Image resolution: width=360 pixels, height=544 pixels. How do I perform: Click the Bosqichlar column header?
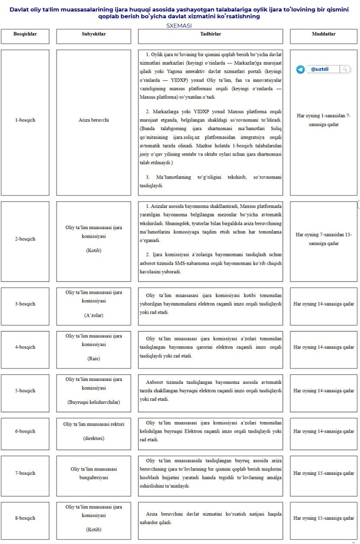tap(25, 34)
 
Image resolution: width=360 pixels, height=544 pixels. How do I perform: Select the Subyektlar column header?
tap(93, 34)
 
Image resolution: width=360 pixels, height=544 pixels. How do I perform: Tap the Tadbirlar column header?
tap(210, 34)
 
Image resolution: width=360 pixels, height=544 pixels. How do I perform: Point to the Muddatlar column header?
tap(323, 34)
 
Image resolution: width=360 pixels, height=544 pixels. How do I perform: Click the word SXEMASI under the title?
tap(179, 26)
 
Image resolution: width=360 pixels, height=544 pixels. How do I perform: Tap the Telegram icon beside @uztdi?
tap(300, 69)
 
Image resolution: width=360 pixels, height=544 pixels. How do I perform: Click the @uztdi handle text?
tap(320, 69)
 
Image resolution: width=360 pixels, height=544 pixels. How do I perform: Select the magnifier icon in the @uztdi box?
tap(344, 69)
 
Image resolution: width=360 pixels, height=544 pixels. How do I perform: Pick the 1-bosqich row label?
tap(25, 120)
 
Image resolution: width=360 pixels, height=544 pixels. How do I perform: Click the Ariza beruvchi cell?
tap(93, 120)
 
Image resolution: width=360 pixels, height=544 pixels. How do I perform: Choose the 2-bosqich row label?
tap(25, 239)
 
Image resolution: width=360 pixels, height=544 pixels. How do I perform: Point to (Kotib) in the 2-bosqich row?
tap(93, 250)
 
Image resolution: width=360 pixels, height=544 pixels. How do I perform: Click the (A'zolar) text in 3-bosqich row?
tap(93, 315)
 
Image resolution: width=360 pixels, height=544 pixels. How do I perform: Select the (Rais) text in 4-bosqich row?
tap(93, 358)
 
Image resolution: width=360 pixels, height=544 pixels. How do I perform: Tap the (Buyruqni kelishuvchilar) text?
tap(93, 402)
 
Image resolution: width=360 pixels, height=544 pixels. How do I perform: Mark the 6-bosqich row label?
tap(25, 432)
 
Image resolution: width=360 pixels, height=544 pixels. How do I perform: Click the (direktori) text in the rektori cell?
tap(93, 438)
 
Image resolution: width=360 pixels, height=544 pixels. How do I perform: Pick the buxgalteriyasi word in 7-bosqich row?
tap(93, 478)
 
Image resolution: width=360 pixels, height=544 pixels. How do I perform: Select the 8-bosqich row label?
tap(25, 518)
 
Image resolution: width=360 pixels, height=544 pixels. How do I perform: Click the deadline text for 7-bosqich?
tap(323, 474)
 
